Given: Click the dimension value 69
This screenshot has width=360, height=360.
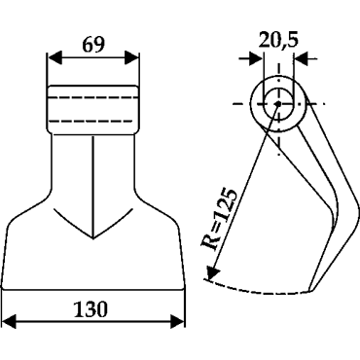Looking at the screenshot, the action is coord(93,45).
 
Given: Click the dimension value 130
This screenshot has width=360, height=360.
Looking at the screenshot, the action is coord(90,309).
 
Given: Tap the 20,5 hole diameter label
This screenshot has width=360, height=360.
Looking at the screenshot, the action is coord(278,39).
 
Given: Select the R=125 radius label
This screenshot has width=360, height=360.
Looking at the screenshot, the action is coord(219,218).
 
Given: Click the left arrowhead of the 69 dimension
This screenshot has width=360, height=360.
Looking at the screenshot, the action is coord(54,57).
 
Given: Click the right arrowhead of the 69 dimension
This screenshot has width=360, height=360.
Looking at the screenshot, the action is coord(132,57).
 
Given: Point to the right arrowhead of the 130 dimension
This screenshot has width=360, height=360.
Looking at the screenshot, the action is coord(178,322).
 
